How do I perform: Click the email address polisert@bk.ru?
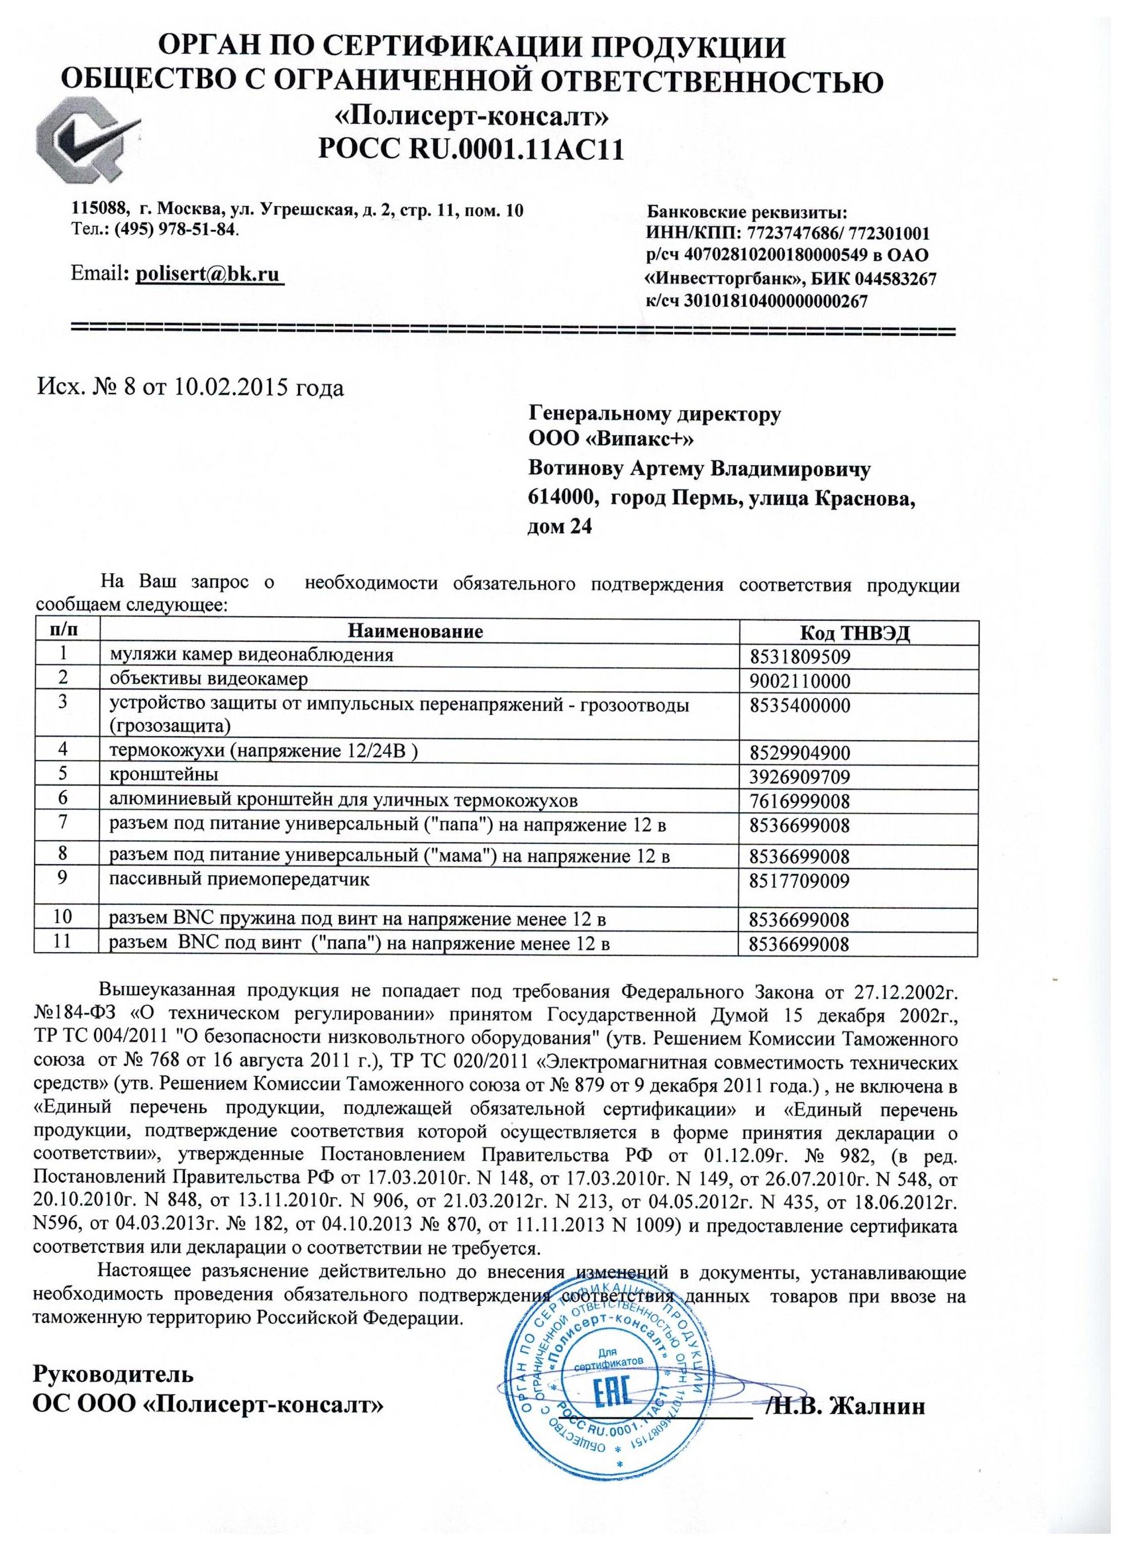click(x=209, y=274)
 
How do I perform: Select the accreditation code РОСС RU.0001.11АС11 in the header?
click(x=471, y=150)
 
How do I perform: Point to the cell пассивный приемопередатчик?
click(x=240, y=879)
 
